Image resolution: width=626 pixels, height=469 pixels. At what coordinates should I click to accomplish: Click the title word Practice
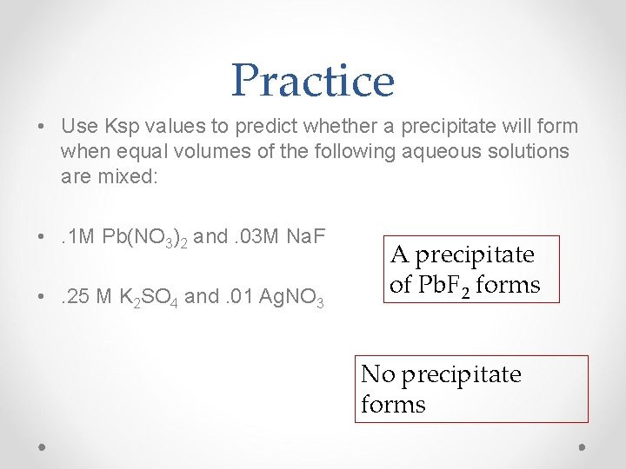pos(313,81)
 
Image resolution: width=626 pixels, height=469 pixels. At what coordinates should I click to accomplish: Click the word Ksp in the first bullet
pos(117,127)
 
